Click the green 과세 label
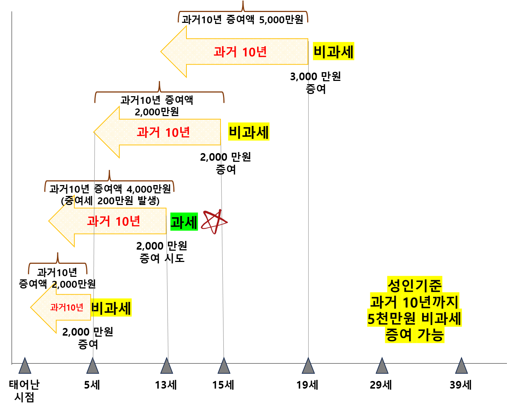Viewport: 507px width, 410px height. [x=184, y=222]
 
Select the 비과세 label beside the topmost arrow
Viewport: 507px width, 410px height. [x=333, y=52]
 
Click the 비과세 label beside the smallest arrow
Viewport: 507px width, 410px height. [x=111, y=308]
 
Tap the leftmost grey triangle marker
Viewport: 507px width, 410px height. [x=25, y=366]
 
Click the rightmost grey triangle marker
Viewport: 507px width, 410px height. [x=461, y=366]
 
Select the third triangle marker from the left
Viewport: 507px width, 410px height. [x=167, y=366]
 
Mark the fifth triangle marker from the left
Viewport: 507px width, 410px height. [x=308, y=366]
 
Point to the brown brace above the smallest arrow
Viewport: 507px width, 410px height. [x=58, y=263]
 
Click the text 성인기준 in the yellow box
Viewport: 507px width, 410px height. [x=415, y=285]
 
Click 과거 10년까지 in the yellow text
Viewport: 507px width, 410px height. [x=415, y=302]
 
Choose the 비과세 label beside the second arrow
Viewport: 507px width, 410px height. [x=249, y=132]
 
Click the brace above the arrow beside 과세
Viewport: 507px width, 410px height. [x=109, y=181]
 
